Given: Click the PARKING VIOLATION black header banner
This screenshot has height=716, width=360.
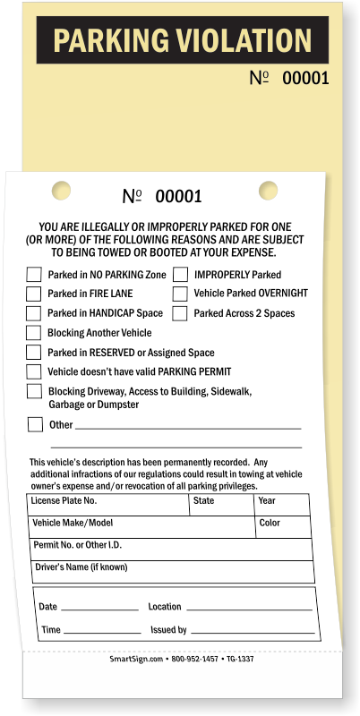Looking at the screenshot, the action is pyautogui.click(x=182, y=40).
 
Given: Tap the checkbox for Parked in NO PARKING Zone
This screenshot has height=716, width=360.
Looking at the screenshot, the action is pyautogui.click(x=33, y=275).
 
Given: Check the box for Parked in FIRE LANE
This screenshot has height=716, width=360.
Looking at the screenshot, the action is pyautogui.click(x=33, y=294).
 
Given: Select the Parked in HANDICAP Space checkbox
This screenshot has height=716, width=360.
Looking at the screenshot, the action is pyautogui.click(x=33, y=313).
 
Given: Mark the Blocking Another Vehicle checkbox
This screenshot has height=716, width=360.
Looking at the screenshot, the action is pyautogui.click(x=33, y=333).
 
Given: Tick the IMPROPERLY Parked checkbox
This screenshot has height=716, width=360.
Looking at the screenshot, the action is pyautogui.click(x=179, y=275).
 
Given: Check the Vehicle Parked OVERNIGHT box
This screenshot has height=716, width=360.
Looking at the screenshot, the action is pyautogui.click(x=179, y=294).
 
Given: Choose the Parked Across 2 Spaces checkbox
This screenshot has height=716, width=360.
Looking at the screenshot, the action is pyautogui.click(x=179, y=313).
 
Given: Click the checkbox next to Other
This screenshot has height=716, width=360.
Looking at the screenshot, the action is pyautogui.click(x=35, y=424).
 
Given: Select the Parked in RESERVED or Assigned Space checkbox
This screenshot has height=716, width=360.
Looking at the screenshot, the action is pyautogui.click(x=33, y=353).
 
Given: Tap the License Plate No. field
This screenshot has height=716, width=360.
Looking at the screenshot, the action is pyautogui.click(x=108, y=505).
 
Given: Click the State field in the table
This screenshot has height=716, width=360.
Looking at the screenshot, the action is pyautogui.click(x=221, y=505).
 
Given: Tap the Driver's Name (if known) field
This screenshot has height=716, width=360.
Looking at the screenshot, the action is pyautogui.click(x=170, y=571).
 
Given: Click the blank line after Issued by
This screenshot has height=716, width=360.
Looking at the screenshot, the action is pyautogui.click(x=253, y=630).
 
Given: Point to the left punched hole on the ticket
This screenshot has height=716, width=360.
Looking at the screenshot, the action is pyautogui.click(x=60, y=190).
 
